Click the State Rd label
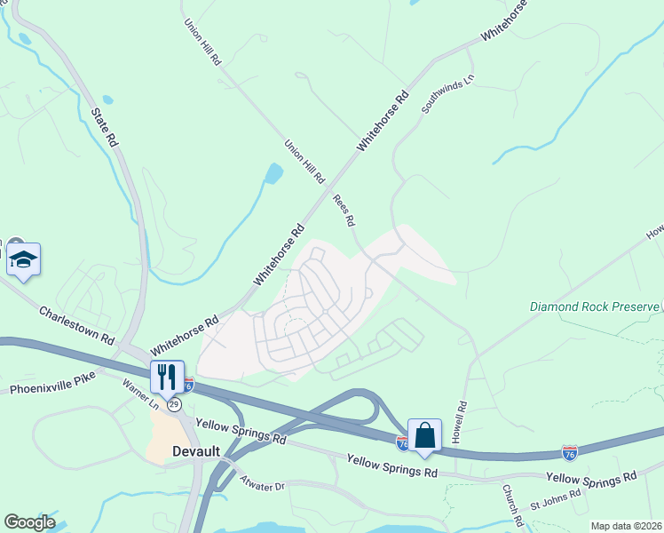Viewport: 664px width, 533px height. tap(104, 128)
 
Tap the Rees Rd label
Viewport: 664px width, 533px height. tap(344, 210)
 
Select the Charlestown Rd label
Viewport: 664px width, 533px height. tap(77, 325)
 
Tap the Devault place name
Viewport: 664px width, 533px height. tap(194, 451)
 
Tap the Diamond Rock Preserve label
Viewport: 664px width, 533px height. tap(595, 306)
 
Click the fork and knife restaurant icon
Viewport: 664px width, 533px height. tap(166, 377)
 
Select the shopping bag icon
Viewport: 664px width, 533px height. tap(425, 435)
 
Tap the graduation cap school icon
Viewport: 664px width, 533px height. tap(23, 259)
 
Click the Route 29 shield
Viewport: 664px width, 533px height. tap(175, 404)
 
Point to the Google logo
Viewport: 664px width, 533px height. tap(29, 522)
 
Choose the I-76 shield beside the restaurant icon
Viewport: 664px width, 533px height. tap(188, 384)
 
